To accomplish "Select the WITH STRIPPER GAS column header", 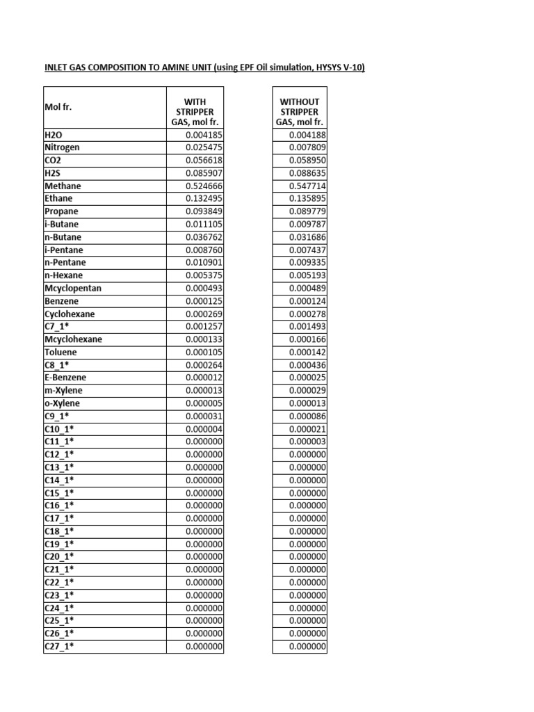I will click(195, 111).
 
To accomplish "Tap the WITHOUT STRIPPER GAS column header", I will click(299, 111).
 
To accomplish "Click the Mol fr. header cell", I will click(58, 108).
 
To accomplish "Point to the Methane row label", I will click(63, 186).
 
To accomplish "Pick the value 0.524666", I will click(204, 186).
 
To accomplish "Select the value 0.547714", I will click(307, 186).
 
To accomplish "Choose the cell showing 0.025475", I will click(204, 148).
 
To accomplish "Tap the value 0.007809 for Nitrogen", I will click(307, 148).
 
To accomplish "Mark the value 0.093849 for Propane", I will click(204, 211).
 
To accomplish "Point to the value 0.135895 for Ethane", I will click(307, 199).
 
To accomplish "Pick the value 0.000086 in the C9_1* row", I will click(307, 416).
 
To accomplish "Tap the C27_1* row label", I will click(59, 646).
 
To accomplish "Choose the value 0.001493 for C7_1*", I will click(307, 327).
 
